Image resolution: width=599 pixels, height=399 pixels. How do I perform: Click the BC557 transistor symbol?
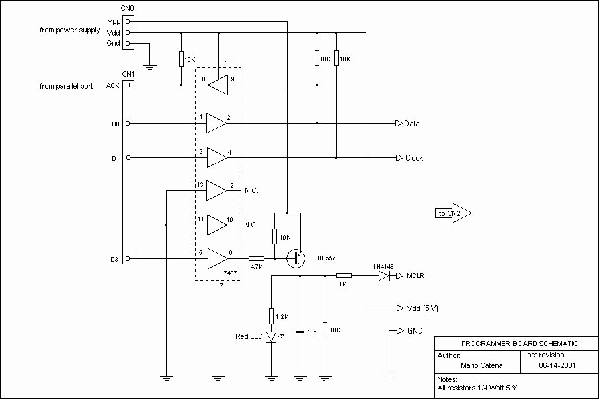pos(296,259)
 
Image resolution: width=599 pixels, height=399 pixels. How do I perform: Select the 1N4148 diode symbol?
pos(384,276)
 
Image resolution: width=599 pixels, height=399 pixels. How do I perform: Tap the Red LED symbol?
pos(271,336)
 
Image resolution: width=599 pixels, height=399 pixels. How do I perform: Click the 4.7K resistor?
pos(256,259)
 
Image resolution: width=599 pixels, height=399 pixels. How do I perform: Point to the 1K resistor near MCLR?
pos(343,276)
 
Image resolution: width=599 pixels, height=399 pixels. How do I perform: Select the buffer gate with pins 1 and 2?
pos(216,123)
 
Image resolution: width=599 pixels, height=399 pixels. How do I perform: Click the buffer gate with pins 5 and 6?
pos(216,259)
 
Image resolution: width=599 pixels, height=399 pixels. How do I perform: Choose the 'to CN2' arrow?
pos(453,213)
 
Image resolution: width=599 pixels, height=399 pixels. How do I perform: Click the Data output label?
pos(412,124)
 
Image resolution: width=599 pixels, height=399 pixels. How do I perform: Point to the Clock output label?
pos(414,158)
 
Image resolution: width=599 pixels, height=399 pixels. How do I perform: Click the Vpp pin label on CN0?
pos(113,21)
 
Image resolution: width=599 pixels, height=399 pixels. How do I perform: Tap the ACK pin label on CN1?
pos(112,85)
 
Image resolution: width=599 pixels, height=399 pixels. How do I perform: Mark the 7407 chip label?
pos(229,272)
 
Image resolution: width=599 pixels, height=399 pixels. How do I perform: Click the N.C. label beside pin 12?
pos(250,191)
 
